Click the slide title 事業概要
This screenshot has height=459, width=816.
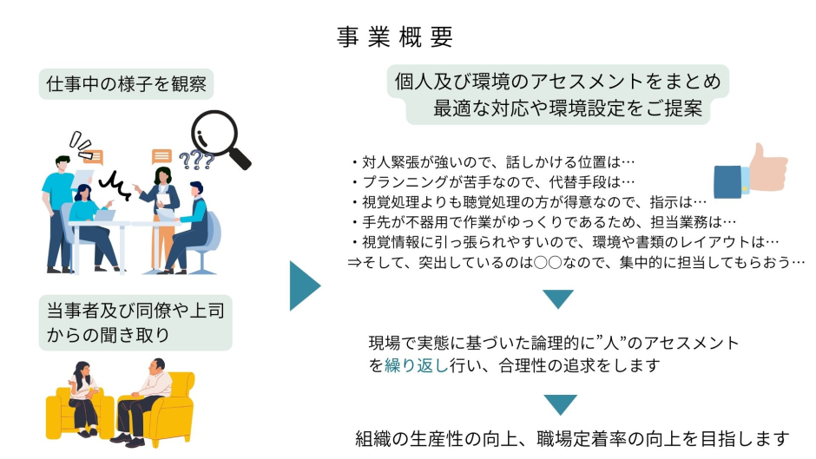pyautogui.click(x=395, y=37)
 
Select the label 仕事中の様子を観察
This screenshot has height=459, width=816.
pyautogui.click(x=127, y=84)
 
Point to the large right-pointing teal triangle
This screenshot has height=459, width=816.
pyautogui.click(x=304, y=285)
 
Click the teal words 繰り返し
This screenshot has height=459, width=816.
pyautogui.click(x=416, y=365)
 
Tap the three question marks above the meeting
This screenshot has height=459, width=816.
pyautogui.click(x=196, y=161)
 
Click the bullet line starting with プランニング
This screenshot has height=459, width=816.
pyautogui.click(x=492, y=181)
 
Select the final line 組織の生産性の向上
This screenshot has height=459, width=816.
pyautogui.click(x=573, y=438)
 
